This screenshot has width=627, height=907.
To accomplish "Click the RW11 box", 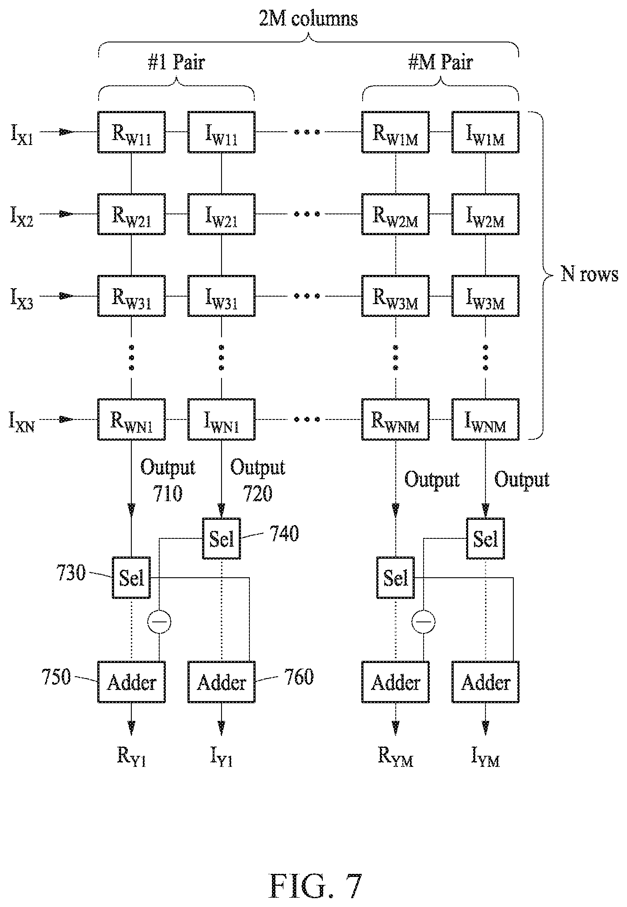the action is pyautogui.click(x=131, y=132).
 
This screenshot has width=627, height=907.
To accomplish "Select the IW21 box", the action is pyautogui.click(x=222, y=214).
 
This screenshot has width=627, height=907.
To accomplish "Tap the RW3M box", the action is pyautogui.click(x=395, y=296).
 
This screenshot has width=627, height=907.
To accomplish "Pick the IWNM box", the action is pyautogui.click(x=485, y=419).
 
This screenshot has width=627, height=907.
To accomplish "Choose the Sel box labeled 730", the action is pyautogui.click(x=132, y=578).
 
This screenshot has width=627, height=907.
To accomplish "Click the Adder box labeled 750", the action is pyautogui.click(x=131, y=682).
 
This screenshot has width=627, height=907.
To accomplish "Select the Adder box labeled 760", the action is pyautogui.click(x=222, y=682).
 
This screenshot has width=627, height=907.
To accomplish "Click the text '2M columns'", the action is pyautogui.click(x=308, y=19).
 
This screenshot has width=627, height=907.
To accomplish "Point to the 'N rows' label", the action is pyautogui.click(x=589, y=275).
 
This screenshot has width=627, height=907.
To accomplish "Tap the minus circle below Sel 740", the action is pyautogui.click(x=160, y=622).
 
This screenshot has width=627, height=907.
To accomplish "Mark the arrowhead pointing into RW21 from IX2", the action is pyautogui.click(x=67, y=214).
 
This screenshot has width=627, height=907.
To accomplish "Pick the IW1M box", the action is pyautogui.click(x=485, y=132).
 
